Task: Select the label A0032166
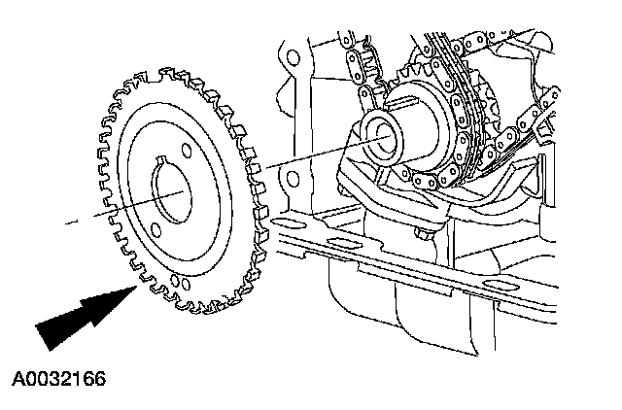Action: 59,376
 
